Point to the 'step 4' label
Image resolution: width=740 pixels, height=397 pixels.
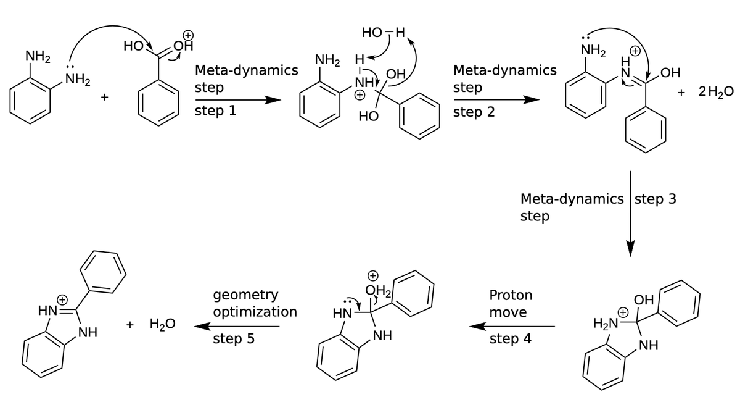pos(510,339)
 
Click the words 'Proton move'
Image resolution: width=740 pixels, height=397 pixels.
pos(511,303)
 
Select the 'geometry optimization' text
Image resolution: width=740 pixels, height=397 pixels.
pos(255,303)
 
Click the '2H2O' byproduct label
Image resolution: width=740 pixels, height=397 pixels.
pos(716,92)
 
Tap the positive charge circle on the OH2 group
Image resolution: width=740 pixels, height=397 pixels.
pos(372,275)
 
